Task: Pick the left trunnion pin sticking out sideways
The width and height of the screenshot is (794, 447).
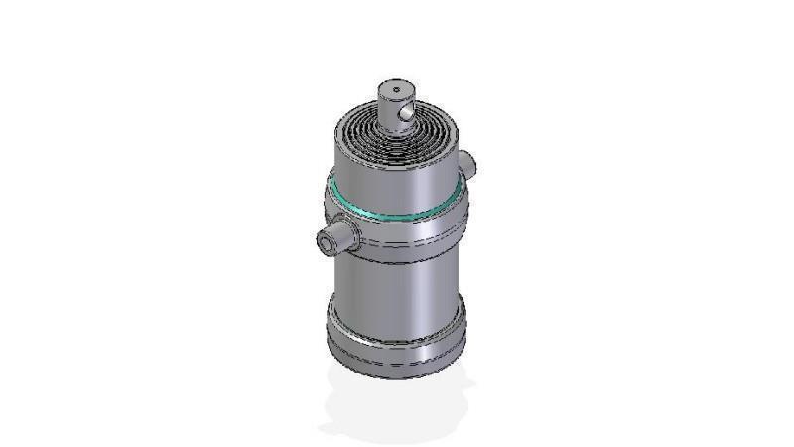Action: coord(333,237)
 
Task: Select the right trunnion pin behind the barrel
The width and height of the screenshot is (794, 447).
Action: coord(467,165)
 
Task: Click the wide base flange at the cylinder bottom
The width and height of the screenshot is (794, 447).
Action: coord(397,343)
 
